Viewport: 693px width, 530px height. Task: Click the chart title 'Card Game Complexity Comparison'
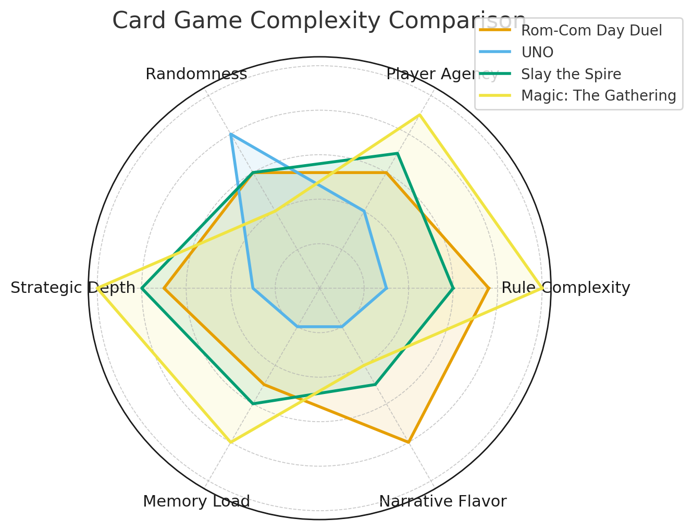click(x=319, y=21)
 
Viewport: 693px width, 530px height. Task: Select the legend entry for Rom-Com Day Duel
click(x=591, y=31)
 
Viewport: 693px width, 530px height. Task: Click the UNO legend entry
click(x=537, y=53)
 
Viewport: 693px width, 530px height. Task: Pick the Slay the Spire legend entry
click(x=571, y=75)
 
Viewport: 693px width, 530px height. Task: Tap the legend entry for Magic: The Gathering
click(x=598, y=96)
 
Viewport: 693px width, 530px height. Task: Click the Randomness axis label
click(x=196, y=75)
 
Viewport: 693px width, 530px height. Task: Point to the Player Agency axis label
click(x=442, y=75)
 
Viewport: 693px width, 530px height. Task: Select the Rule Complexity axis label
click(x=565, y=288)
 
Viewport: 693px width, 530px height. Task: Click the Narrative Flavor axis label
click(x=442, y=501)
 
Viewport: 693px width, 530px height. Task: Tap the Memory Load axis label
click(x=196, y=501)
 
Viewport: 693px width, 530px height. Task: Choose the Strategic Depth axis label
click(x=73, y=288)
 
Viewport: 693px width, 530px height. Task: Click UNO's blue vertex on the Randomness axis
click(x=231, y=134)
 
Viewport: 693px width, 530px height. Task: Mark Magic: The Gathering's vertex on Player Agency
click(x=419, y=115)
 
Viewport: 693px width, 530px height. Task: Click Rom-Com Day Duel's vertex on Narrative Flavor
click(x=409, y=442)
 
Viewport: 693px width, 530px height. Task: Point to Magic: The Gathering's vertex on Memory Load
click(x=231, y=442)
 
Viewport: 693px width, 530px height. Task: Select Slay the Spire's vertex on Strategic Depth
click(x=142, y=288)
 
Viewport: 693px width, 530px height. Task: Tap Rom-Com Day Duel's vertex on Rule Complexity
click(x=489, y=288)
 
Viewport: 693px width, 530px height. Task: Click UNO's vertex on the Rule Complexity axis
click(x=386, y=288)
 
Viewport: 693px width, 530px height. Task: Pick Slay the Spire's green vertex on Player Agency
click(x=398, y=153)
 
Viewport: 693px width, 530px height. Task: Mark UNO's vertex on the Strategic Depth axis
click(x=253, y=288)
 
